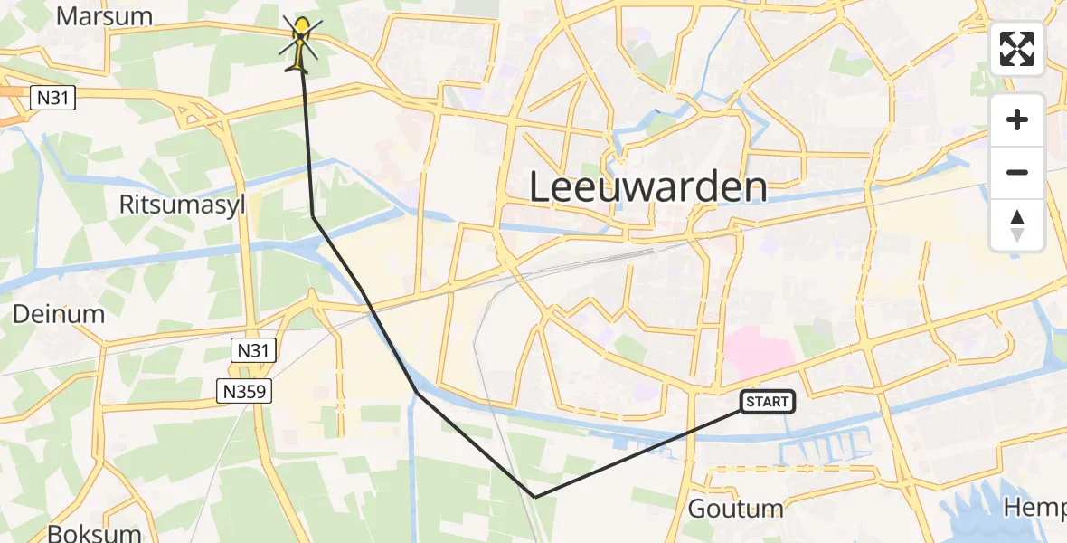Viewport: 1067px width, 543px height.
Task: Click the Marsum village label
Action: pos(104,16)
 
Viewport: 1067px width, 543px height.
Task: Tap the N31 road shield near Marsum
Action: pos(52,99)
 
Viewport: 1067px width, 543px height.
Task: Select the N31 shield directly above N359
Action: pos(253,351)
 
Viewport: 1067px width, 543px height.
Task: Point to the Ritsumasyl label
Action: pos(182,205)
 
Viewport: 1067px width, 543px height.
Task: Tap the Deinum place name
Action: pos(59,314)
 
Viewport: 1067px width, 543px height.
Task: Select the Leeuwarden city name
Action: pos(647,187)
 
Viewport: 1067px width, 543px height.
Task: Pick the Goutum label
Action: pos(734,508)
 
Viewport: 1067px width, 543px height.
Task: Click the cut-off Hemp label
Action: pos(1035,508)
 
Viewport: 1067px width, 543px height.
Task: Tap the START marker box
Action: pos(768,402)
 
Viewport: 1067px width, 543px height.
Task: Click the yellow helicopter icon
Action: pos(301,43)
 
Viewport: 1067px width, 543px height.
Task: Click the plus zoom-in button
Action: pos(1017,119)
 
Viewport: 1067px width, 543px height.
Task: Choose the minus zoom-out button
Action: pos(1017,172)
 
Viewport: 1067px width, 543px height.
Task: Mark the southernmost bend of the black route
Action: pos(535,497)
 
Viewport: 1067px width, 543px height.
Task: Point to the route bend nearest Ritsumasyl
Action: pos(313,216)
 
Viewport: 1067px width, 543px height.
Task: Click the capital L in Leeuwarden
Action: pos(539,187)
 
